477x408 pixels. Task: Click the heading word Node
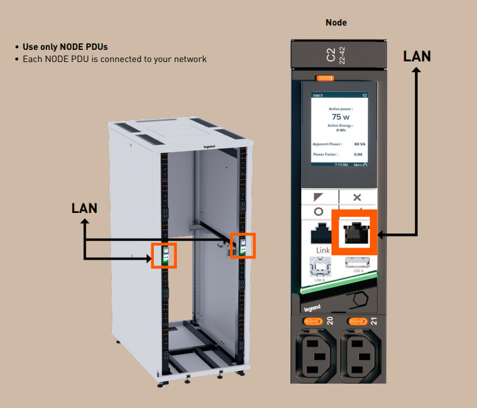[336, 22]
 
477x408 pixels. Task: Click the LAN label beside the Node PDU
[417, 56]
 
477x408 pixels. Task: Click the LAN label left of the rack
[85, 208]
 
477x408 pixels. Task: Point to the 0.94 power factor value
[358, 155]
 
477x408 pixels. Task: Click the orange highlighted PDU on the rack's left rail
[163, 255]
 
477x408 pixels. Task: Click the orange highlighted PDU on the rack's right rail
[242, 245]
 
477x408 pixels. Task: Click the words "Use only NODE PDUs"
[65, 47]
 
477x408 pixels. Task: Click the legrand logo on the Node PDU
[309, 309]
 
